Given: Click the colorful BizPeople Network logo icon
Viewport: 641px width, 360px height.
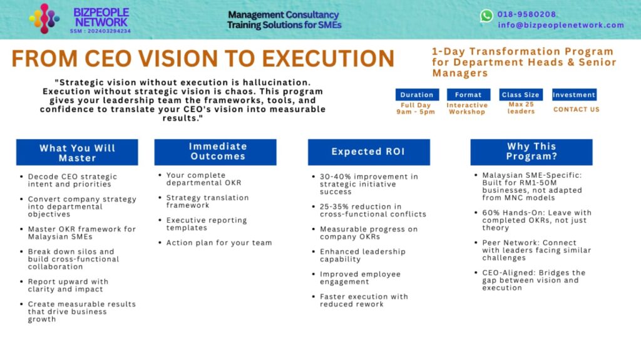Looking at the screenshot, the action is pos(44,18).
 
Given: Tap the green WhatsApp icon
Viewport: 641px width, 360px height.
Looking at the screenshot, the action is pos(486,16).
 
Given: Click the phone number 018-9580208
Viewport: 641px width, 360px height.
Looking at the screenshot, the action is pos(526,14).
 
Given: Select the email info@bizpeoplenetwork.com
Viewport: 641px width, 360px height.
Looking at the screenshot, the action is pos(561,25).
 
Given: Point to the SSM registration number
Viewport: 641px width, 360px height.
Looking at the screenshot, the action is pos(100,31).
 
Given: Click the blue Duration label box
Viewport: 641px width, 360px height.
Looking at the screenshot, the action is pos(417,95).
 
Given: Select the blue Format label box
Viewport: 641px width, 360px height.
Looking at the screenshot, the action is pos(468,95).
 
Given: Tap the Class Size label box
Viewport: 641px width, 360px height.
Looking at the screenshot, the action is pos(521,95).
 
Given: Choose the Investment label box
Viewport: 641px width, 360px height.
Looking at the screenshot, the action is pos(574,95).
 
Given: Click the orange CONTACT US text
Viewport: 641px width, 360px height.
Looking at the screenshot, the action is pos(577,110).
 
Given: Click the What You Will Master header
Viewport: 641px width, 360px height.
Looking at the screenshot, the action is pos(77,152).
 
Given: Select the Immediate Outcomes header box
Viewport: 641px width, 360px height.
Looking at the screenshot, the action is pos(215,152).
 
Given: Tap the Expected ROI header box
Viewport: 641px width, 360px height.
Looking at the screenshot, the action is pos(369,152).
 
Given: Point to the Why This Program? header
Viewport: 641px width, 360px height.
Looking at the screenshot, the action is pos(531,152).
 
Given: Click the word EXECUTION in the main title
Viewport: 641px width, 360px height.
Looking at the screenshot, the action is pos(328,58).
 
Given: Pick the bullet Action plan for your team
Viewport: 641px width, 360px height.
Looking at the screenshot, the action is pos(219,242).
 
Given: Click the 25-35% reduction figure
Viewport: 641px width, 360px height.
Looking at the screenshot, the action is pos(361,207).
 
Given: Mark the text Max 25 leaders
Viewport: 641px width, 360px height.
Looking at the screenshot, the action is pos(521,108).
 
